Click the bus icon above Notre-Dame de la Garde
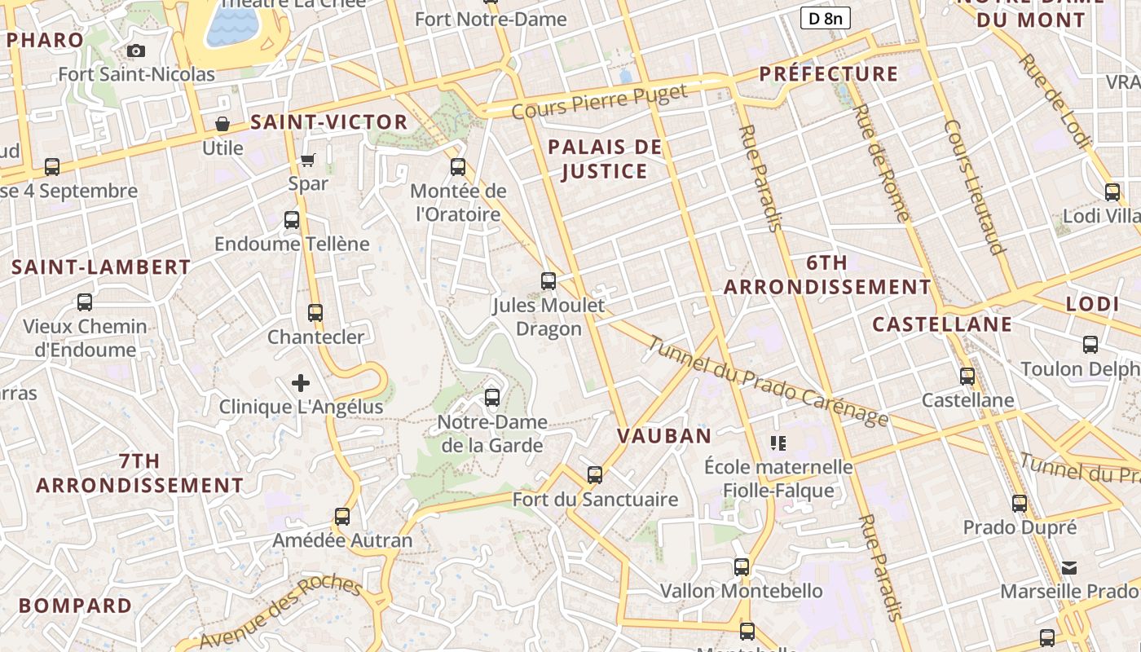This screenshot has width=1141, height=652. (x=491, y=398)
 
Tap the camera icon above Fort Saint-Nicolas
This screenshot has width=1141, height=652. (x=137, y=51)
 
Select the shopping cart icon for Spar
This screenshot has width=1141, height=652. (x=308, y=160)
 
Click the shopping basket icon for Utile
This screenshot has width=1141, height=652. (x=222, y=124)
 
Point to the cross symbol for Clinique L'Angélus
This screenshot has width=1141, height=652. (x=301, y=382)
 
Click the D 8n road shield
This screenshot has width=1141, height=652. (x=825, y=18)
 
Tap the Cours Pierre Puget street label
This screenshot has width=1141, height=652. (x=600, y=100)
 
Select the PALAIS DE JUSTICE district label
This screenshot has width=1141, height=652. (x=605, y=159)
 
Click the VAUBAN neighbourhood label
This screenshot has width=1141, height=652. (x=664, y=435)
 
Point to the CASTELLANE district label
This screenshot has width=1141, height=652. (x=942, y=324)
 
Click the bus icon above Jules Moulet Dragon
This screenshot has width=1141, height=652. (x=548, y=281)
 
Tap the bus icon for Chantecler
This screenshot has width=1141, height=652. (x=315, y=312)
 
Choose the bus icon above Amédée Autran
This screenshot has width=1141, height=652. (x=342, y=516)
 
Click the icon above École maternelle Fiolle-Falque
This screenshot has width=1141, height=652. (x=778, y=443)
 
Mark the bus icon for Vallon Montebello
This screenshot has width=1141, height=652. (x=742, y=566)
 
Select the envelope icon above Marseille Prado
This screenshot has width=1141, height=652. (x=1069, y=567)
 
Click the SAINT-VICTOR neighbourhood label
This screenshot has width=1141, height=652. (x=328, y=122)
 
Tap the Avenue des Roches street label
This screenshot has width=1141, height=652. (x=280, y=613)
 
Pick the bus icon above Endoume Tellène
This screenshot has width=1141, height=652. (x=292, y=219)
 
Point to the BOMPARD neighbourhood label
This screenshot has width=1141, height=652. (x=75, y=606)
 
